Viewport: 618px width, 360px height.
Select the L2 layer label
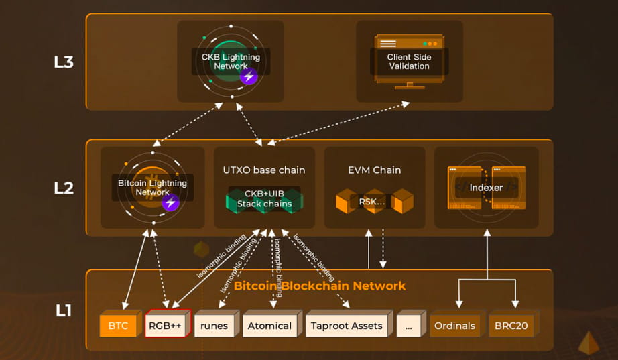click(x=63, y=188)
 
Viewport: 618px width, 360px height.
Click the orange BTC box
click(x=117, y=326)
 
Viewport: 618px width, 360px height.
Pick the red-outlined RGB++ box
click(x=167, y=326)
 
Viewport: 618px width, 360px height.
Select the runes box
click(x=214, y=326)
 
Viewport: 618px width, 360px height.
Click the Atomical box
click(x=269, y=326)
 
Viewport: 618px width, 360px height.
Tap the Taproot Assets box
click(x=347, y=326)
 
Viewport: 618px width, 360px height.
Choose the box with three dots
click(x=409, y=326)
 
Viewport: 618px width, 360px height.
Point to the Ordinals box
click(x=454, y=326)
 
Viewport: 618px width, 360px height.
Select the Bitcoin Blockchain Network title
click(x=319, y=286)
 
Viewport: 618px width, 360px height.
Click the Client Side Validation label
click(x=409, y=62)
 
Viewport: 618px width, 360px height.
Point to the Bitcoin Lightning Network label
click(x=153, y=188)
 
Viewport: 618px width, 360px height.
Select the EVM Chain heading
click(x=373, y=170)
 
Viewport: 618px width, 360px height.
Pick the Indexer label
click(x=486, y=188)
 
